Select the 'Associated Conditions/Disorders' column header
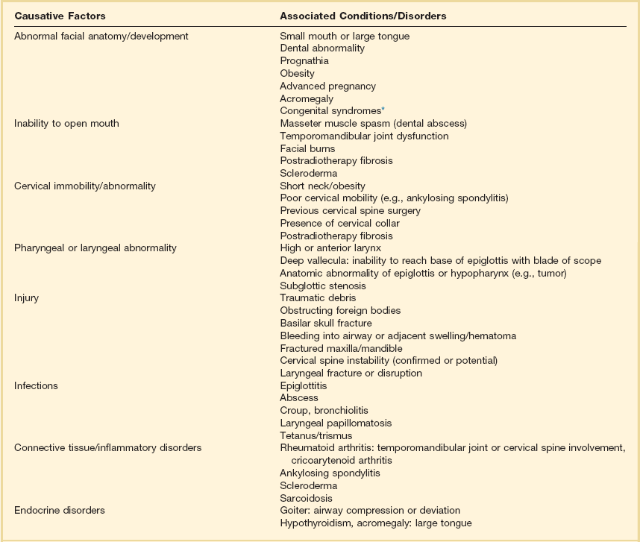[363, 16]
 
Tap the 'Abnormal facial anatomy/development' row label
[101, 36]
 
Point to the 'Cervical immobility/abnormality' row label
[85, 186]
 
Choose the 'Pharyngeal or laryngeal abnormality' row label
[95, 248]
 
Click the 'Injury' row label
[26, 297]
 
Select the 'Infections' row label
[36, 385]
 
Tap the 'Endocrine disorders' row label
[60, 510]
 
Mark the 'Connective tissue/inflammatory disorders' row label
[108, 448]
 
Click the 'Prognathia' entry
[304, 60]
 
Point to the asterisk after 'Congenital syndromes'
[373, 109]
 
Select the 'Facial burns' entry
[307, 148]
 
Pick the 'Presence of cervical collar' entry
[339, 223]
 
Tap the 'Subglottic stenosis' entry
[322, 286]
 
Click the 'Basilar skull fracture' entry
[326, 323]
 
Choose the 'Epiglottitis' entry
[303, 385]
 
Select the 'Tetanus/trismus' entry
[316, 435]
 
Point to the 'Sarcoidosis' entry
[306, 498]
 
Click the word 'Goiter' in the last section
[294, 510]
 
